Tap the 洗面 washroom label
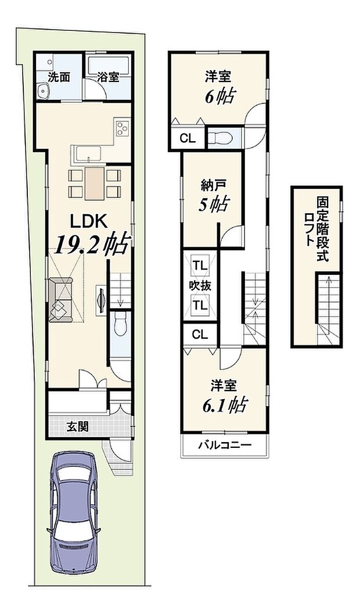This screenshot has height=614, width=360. [59, 77]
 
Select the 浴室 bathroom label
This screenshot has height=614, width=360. [109, 77]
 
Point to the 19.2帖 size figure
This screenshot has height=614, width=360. [92, 245]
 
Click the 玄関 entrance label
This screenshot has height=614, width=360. [77, 427]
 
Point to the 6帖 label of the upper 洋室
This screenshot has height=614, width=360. [219, 95]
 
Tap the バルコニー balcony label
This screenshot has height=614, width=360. [224, 446]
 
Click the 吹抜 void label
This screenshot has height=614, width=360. [200, 286]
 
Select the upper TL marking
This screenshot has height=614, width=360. [200, 266]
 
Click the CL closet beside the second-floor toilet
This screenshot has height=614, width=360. [187, 138]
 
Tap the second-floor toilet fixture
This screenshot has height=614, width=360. [222, 138]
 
